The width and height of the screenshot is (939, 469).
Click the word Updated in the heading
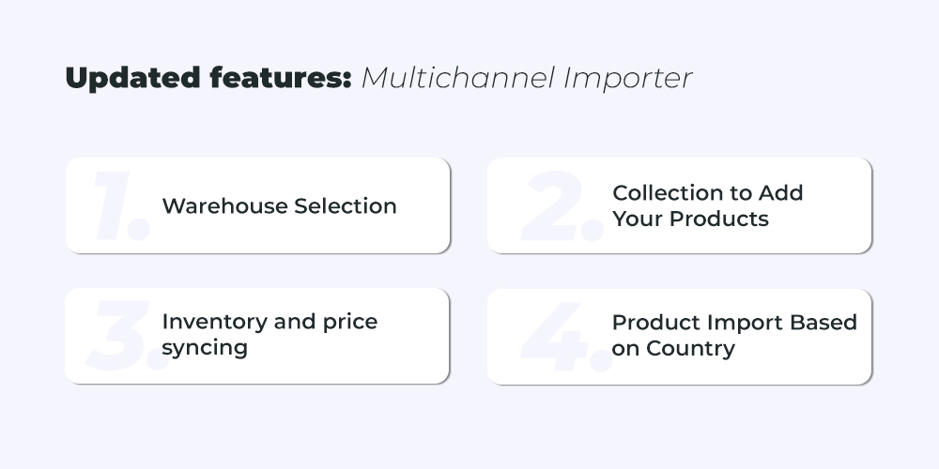(133, 79)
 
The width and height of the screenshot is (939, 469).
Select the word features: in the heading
(281, 78)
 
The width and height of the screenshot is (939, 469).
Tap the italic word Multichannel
(458, 78)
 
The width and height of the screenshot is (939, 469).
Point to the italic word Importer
(628, 79)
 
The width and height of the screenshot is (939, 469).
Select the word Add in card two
(780, 192)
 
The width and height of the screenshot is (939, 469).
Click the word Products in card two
(718, 219)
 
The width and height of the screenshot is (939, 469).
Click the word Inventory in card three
(214, 322)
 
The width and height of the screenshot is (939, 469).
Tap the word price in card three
(350, 323)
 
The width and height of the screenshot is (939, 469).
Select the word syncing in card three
(205, 348)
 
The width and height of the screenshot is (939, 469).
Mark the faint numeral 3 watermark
(117, 336)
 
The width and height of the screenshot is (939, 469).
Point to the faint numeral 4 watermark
(554, 337)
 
